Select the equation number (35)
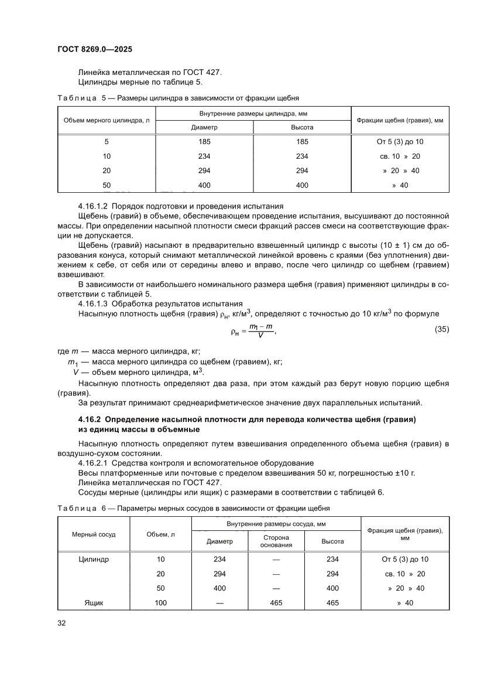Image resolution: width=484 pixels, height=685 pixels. tap(442, 329)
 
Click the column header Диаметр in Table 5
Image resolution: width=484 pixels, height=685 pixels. tap(204, 127)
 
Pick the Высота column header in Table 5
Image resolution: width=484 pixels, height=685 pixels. tap(302, 127)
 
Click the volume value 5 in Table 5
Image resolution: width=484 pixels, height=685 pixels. tap(107, 142)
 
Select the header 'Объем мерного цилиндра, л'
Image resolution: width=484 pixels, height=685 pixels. tap(107, 120)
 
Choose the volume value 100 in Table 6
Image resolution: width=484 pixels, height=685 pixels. tap(160, 603)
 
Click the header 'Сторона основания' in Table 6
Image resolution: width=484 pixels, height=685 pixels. tap(275, 541)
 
